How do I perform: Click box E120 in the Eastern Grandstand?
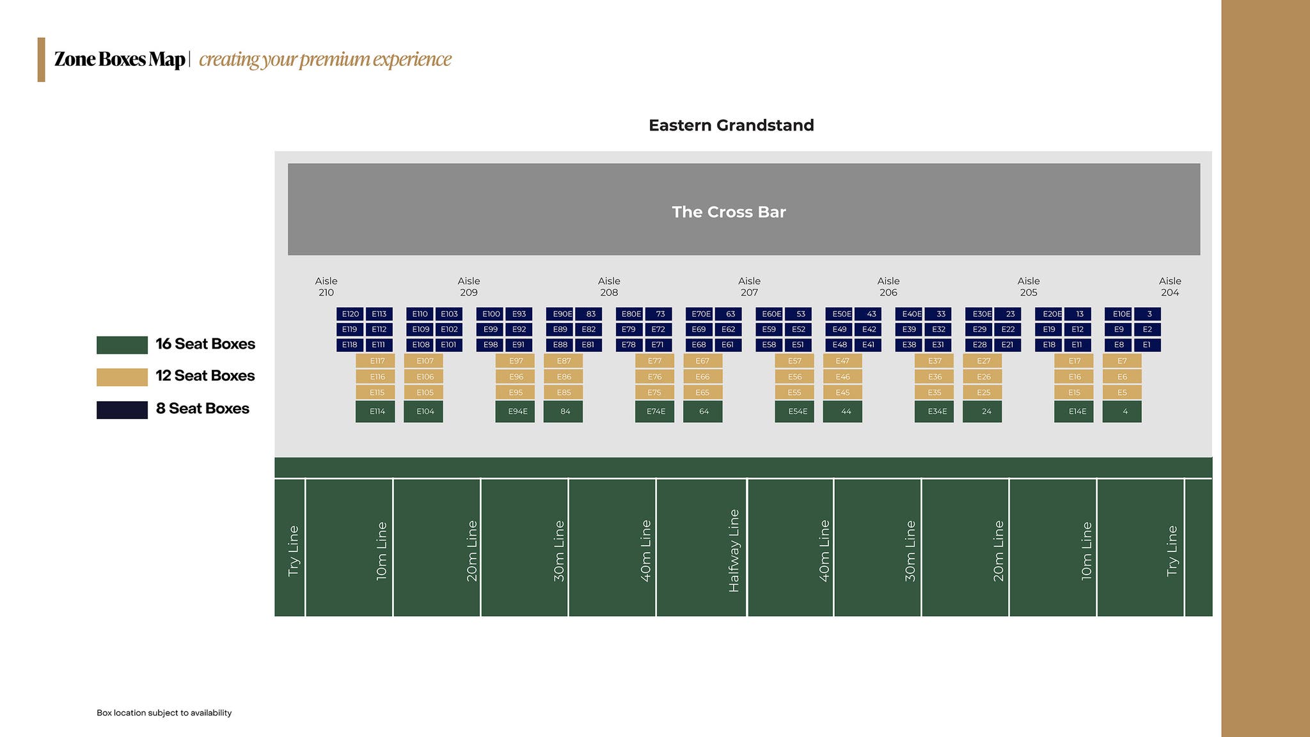(350, 314)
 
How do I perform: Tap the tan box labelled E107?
(423, 361)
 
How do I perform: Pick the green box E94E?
(515, 411)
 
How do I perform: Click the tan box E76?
(654, 377)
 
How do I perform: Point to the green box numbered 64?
(703, 411)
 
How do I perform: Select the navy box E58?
(769, 345)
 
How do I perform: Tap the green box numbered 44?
(842, 411)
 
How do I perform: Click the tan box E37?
(934, 361)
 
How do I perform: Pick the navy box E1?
(1148, 345)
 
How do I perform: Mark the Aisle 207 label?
(749, 287)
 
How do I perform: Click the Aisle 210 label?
(326, 287)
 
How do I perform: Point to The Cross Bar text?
(729, 212)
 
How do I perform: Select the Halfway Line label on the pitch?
(734, 551)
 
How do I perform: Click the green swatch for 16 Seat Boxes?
(122, 345)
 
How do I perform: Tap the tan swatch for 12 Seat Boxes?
(122, 377)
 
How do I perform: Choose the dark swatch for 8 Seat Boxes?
(122, 410)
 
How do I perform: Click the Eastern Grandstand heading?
(731, 125)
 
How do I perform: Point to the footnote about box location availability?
(164, 713)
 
